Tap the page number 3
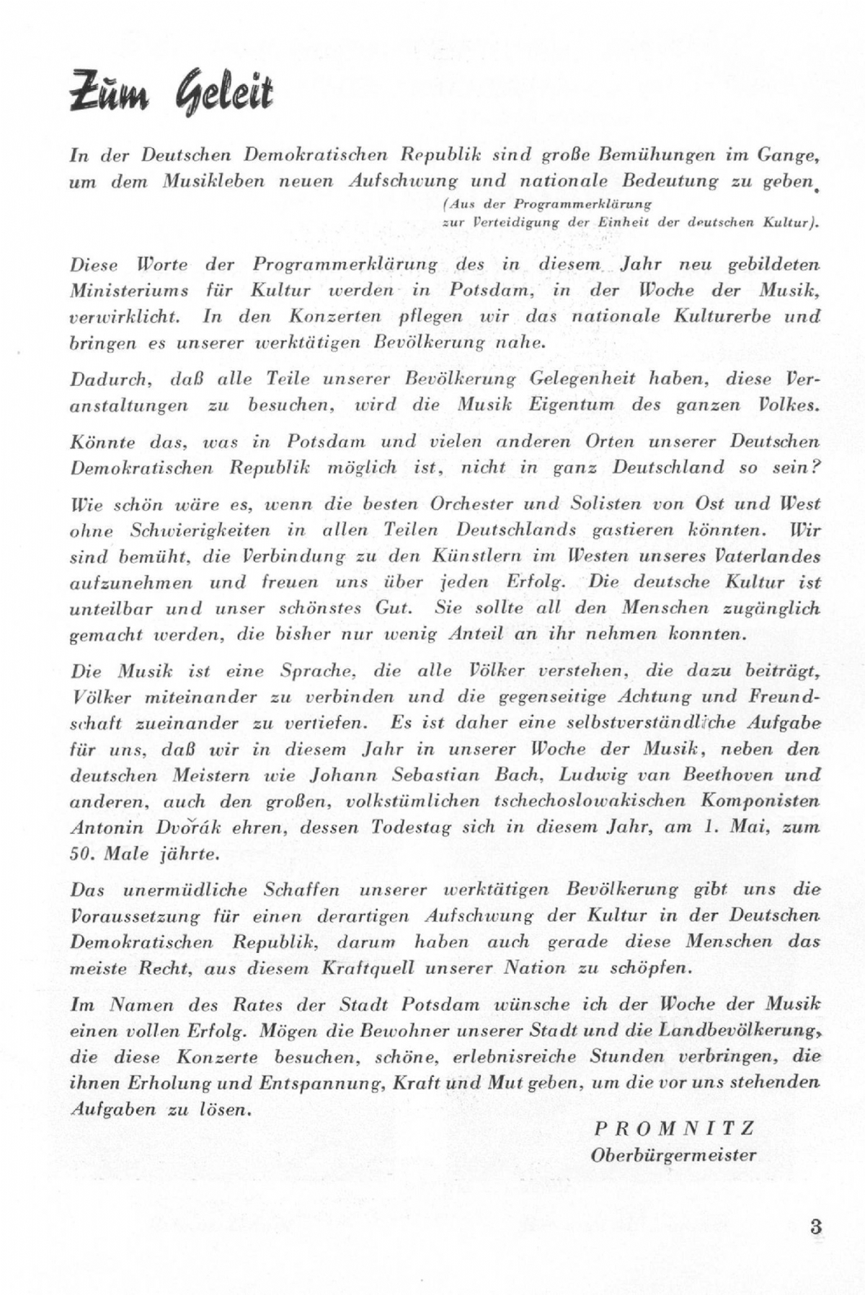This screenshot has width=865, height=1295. [x=816, y=1226]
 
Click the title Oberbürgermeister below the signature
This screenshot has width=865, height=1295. [x=673, y=1155]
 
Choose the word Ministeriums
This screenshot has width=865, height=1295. [x=129, y=290]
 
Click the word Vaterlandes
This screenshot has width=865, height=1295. [x=769, y=556]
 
